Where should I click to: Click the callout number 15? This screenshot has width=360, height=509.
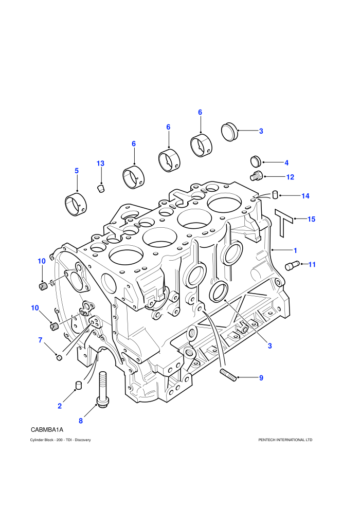311,219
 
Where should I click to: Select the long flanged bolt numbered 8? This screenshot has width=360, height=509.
102,390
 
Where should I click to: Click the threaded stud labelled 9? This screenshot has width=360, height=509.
228,375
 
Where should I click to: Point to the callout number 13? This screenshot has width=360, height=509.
100,163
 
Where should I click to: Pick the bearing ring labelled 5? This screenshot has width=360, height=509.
76,204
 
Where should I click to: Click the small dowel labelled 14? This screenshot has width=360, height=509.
275,194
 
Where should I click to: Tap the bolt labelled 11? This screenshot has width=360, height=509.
292,265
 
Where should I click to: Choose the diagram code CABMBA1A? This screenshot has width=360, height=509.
47,430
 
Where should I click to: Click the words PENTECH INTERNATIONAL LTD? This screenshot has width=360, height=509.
285,440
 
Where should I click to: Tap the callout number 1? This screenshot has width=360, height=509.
295,250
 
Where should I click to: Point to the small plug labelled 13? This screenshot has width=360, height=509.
101,188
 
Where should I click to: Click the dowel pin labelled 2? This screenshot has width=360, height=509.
78,385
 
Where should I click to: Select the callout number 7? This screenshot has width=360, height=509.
40,340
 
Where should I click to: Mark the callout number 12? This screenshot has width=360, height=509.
290,177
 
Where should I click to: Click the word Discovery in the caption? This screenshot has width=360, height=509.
83,440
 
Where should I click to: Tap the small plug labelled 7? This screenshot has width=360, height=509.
59,357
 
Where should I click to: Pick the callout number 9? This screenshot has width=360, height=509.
261,378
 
